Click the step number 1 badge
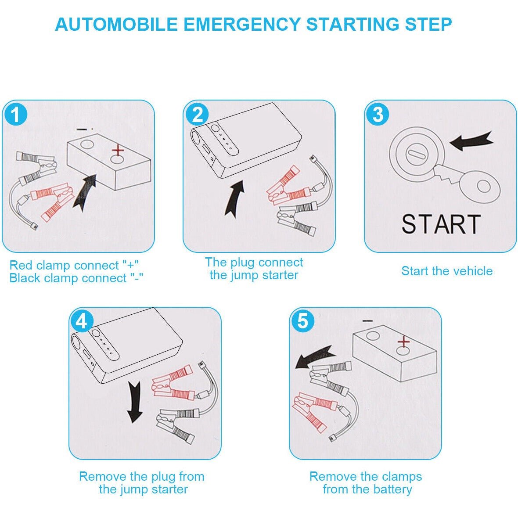[16, 115]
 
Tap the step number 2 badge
[198, 115]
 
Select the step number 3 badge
[378, 115]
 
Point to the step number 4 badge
[82, 322]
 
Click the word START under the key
[441, 224]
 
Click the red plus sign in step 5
[403, 342]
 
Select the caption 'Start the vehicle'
[447, 271]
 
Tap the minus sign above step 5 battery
[368, 321]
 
